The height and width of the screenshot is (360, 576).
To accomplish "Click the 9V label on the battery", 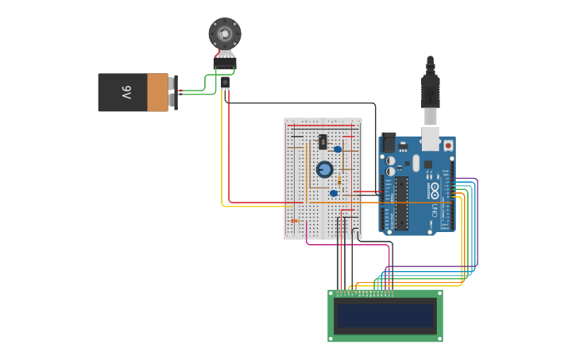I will point(126,93).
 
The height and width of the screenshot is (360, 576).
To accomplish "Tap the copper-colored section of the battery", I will point(158,92).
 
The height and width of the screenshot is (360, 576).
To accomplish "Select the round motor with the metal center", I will point(224,33).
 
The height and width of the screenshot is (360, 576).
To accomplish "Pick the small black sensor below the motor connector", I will point(225,81).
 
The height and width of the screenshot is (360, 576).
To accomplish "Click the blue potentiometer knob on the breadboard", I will point(324,169).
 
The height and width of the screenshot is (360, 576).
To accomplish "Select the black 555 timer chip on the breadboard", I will point(323,141).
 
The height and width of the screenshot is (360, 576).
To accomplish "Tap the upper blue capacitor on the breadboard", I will point(338,149).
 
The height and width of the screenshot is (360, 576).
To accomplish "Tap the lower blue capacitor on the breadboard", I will point(334,193).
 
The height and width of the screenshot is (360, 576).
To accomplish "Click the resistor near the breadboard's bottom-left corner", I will point(296,220).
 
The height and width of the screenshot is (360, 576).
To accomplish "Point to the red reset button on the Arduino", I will point(448,145).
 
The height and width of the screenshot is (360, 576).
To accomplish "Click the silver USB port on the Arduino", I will point(430,137).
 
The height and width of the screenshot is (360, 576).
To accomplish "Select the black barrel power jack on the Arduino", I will point(389,143).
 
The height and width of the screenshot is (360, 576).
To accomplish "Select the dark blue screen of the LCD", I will point(385,315).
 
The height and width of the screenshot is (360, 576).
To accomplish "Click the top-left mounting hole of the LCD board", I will point(333,294).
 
